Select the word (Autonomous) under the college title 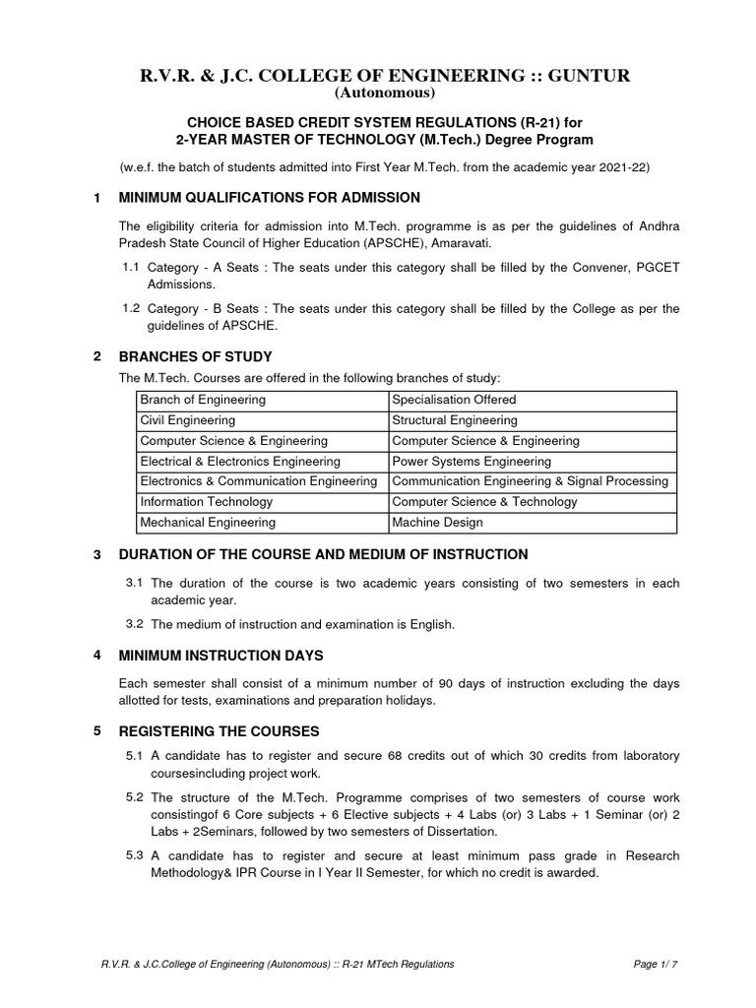pos(377,94)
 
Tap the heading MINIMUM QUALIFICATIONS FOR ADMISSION pos(269,198)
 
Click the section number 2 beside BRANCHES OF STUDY pos(96,355)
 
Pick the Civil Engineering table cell pos(188,420)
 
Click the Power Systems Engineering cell pos(472,461)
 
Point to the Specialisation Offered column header pos(454,400)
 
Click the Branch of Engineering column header pos(203,400)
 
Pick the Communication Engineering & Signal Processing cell pos(530,481)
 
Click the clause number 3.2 pos(135,624)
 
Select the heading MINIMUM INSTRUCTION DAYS pos(220,655)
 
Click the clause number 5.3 pos(135,855)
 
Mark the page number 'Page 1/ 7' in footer pos(656,964)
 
